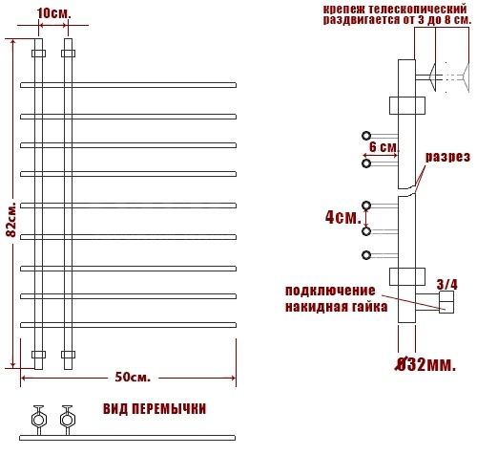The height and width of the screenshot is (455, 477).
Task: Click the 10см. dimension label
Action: pyautogui.click(x=54, y=13)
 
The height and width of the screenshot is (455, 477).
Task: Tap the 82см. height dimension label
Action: pyautogui.click(x=11, y=219)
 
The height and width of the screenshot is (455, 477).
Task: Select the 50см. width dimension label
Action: pyautogui.click(x=133, y=378)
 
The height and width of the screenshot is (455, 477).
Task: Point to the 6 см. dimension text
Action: pyautogui.click(x=384, y=147)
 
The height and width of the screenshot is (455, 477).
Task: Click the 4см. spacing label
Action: pyautogui.click(x=343, y=218)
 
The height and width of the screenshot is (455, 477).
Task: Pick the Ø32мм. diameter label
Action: pyautogui.click(x=425, y=364)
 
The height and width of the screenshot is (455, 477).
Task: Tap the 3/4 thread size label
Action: pyautogui.click(x=447, y=284)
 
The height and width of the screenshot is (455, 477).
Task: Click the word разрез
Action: pyautogui.click(x=447, y=157)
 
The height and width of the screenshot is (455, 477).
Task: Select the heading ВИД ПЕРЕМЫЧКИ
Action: pyautogui.click(x=155, y=409)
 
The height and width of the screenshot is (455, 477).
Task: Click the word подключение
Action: pyautogui.click(x=330, y=291)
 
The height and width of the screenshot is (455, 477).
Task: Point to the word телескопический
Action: pyautogui.click(x=420, y=9)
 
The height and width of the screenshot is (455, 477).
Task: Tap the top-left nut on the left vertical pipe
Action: pyautogui.click(x=38, y=54)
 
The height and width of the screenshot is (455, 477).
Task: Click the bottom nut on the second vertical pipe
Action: pyautogui.click(x=68, y=355)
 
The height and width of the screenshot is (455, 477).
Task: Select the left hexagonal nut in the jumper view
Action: pyautogui.click(x=39, y=420)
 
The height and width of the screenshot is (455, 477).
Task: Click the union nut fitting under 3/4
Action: pyautogui.click(x=446, y=302)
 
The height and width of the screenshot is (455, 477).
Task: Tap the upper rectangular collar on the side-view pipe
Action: pyautogui.click(x=407, y=106)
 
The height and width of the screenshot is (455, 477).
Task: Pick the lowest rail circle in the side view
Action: pyautogui.click(x=366, y=255)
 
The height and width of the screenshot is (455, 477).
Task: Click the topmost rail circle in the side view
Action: pyautogui.click(x=366, y=136)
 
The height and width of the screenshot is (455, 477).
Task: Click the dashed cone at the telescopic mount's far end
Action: pyautogui.click(x=466, y=77)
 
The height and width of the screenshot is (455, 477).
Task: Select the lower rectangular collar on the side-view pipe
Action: pyautogui.click(x=407, y=276)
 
